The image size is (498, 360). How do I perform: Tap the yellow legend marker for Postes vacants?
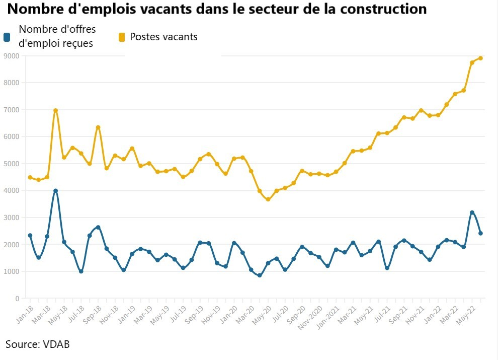[122, 37]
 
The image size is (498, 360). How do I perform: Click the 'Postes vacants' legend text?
[163, 37]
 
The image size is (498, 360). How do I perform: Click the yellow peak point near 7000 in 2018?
[55, 110]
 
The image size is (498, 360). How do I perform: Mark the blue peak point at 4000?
[55, 191]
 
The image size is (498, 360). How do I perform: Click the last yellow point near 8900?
[480, 58]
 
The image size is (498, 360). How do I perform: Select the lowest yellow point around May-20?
[268, 199]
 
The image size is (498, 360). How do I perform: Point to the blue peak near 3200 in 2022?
[472, 212]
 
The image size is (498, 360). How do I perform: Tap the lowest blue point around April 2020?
[260, 275]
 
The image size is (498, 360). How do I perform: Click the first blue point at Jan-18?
[30, 235]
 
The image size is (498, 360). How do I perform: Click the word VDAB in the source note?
[55, 344]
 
